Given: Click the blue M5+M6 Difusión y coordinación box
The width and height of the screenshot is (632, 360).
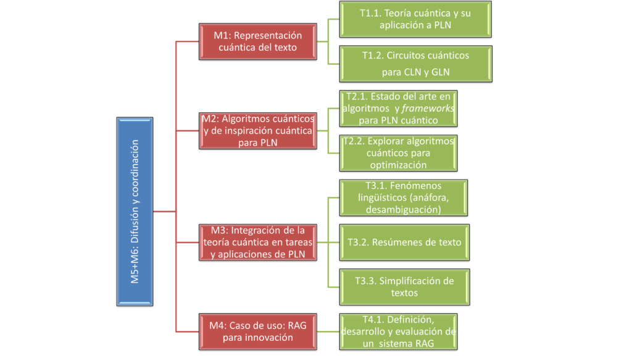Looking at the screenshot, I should coord(135,211).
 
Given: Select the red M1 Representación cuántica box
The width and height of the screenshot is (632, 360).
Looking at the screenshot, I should coord(258,41).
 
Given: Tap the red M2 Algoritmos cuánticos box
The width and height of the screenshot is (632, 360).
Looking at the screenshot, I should coord(258,130).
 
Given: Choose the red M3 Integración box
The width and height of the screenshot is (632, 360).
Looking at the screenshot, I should coord(258,242).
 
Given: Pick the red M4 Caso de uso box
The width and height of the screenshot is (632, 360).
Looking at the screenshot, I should coord(258,331).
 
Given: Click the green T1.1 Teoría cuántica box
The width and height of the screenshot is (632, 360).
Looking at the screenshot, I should coord(415,20).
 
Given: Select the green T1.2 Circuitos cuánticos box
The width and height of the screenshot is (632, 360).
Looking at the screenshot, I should coord(415,64).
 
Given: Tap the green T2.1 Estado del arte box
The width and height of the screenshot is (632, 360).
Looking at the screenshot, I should coord(398,109).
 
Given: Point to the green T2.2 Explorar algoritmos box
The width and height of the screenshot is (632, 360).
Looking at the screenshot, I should coord(398,153).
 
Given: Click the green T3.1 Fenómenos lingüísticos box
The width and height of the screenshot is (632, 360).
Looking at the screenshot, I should coord(404,198).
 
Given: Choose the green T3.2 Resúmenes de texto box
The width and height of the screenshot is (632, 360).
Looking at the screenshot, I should coord(404,242).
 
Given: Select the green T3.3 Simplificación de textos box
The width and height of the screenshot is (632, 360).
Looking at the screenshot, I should coord(404,287).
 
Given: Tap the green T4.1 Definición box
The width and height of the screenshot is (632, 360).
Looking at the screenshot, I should coord(398,331).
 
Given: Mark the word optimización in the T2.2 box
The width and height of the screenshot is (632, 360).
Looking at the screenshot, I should coord(398,165).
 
